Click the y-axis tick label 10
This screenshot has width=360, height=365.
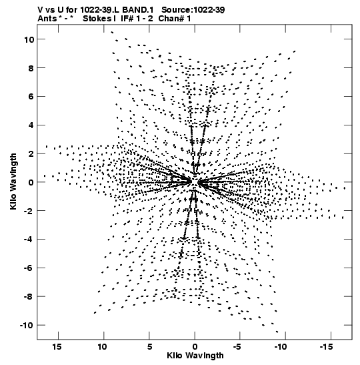pos(29,39)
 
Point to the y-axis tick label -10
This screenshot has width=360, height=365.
pos(27,325)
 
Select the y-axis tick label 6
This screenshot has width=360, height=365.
pos(31,97)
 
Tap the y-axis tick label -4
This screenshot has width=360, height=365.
pos(29,240)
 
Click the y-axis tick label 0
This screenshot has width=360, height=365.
pos(31,183)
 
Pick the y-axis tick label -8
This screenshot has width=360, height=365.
pos(29,296)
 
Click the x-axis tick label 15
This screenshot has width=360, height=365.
pos(57,347)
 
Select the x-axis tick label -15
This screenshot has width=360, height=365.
pos(326,347)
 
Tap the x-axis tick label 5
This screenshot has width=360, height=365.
pos(149,347)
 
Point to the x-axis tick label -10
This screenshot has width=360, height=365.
pos(281,347)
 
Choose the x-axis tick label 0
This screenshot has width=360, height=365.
pos(195,347)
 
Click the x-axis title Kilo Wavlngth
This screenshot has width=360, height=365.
pos(195,356)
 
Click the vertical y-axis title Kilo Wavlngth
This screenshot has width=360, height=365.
pos(13,181)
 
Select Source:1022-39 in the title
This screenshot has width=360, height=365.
pos(193,10)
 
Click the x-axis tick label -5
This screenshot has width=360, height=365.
pos(237,347)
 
